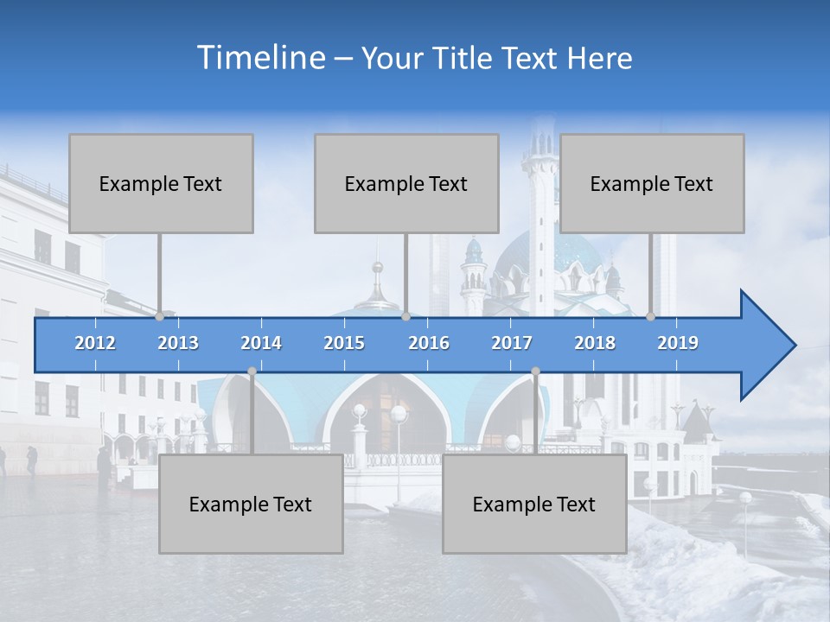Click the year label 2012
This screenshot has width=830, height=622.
tap(95, 343)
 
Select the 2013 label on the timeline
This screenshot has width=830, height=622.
tap(178, 343)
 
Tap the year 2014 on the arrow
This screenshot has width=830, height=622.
tap(261, 343)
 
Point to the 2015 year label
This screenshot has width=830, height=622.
tap(344, 343)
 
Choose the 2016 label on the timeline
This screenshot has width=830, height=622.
tap(429, 343)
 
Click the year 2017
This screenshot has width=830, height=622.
tap(512, 343)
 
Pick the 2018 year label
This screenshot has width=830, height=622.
tap(595, 343)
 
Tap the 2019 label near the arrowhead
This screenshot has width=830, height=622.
tap(678, 343)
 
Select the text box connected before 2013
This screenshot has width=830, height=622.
tap(161, 183)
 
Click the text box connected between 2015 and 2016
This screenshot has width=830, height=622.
tap(406, 183)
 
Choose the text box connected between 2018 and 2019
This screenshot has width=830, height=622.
tap(652, 183)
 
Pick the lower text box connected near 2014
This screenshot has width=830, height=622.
tap(251, 504)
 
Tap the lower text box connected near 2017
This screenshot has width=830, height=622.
tap(534, 504)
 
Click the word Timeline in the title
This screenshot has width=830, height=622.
tap(259, 58)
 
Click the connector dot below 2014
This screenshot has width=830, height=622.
tap(252, 371)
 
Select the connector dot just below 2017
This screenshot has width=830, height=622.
tap(535, 371)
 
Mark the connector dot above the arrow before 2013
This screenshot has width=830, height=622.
tap(159, 316)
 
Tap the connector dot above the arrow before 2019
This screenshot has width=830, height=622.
tap(650, 316)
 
